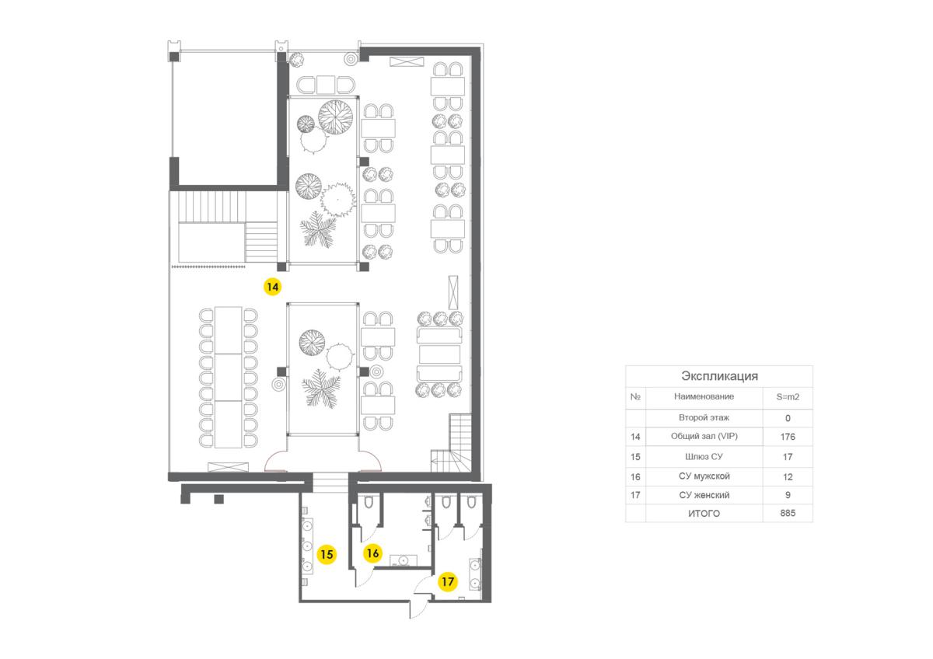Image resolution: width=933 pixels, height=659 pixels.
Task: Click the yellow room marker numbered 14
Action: [272, 287]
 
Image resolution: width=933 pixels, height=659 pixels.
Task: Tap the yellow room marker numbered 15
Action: [327, 555]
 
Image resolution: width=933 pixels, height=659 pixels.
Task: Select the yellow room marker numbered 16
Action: [372, 553]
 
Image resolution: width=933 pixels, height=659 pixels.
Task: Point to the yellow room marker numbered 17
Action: [448, 581]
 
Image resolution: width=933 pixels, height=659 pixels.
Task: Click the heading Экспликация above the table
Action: [719, 376]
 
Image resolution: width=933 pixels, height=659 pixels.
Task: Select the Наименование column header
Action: [704, 396]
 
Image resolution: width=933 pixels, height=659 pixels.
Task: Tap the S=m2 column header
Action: [788, 397]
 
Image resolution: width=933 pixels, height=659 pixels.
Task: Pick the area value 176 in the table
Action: [788, 437]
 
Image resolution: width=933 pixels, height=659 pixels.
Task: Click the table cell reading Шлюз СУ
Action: [704, 457]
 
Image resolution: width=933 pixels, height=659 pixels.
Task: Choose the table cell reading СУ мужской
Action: [704, 476]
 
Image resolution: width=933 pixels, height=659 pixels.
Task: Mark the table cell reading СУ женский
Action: [704, 495]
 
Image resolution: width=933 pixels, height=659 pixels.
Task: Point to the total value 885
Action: [788, 513]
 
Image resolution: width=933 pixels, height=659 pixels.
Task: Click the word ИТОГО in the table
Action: [704, 514]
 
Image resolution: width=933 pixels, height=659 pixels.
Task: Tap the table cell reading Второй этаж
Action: [704, 417]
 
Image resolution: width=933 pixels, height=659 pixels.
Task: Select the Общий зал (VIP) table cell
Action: [704, 436]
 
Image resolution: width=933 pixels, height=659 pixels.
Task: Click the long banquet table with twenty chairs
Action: [229, 377]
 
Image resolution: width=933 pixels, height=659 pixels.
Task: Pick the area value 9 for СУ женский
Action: [788, 495]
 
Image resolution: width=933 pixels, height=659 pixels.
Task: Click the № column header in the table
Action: [635, 396]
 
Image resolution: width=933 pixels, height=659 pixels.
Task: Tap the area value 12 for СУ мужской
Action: [788, 476]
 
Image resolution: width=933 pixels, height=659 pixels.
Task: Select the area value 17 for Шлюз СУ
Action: [788, 457]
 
